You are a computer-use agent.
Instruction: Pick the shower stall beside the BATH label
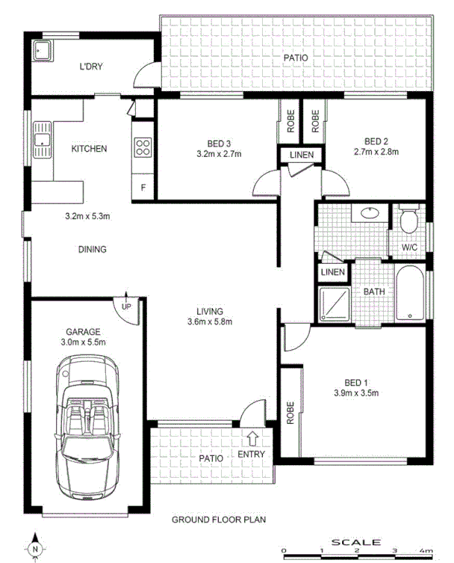334,304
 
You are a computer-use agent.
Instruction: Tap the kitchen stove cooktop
142,147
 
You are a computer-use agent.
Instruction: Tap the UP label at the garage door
126,305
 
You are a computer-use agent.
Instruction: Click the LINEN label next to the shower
332,272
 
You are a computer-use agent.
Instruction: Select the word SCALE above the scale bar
356,541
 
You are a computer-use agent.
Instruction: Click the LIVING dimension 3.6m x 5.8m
211,322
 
